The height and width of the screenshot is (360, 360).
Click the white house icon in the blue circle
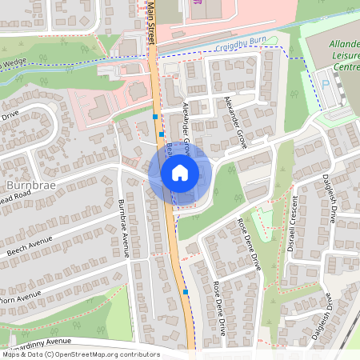pos(180,172)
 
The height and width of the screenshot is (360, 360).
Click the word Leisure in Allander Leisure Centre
pos(342,56)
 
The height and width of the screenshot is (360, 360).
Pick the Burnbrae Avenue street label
pos(125,229)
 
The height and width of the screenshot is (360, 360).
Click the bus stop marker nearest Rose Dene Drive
pos(186,292)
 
